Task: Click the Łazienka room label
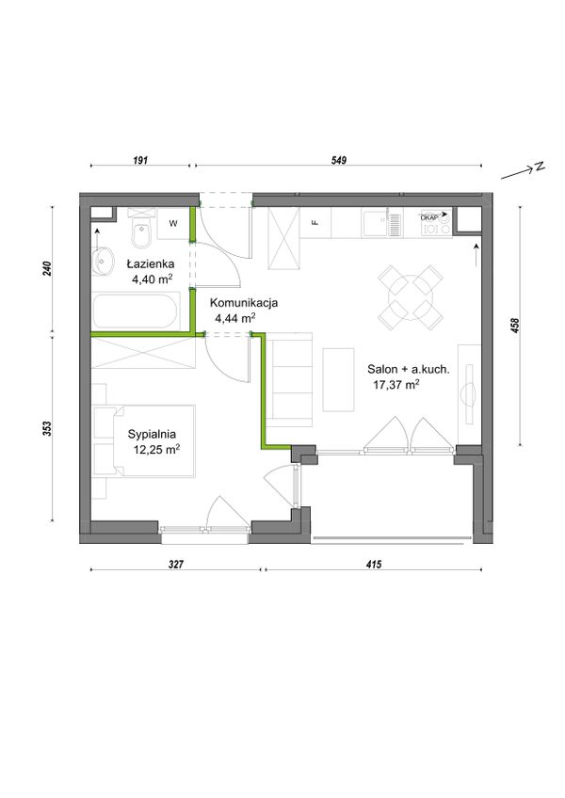tap(151, 263)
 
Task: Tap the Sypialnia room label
tap(152, 434)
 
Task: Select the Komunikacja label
tap(244, 302)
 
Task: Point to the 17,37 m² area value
tap(396, 385)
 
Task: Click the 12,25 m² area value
tap(156, 450)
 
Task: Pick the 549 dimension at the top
tap(339, 160)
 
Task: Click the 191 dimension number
tap(140, 160)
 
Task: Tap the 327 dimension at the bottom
tap(175, 564)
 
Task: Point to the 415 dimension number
tap(374, 564)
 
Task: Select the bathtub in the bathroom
tap(136, 311)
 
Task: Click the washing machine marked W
tap(173, 223)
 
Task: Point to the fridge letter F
tap(315, 222)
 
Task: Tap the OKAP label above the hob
tap(429, 216)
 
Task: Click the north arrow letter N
tap(539, 167)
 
